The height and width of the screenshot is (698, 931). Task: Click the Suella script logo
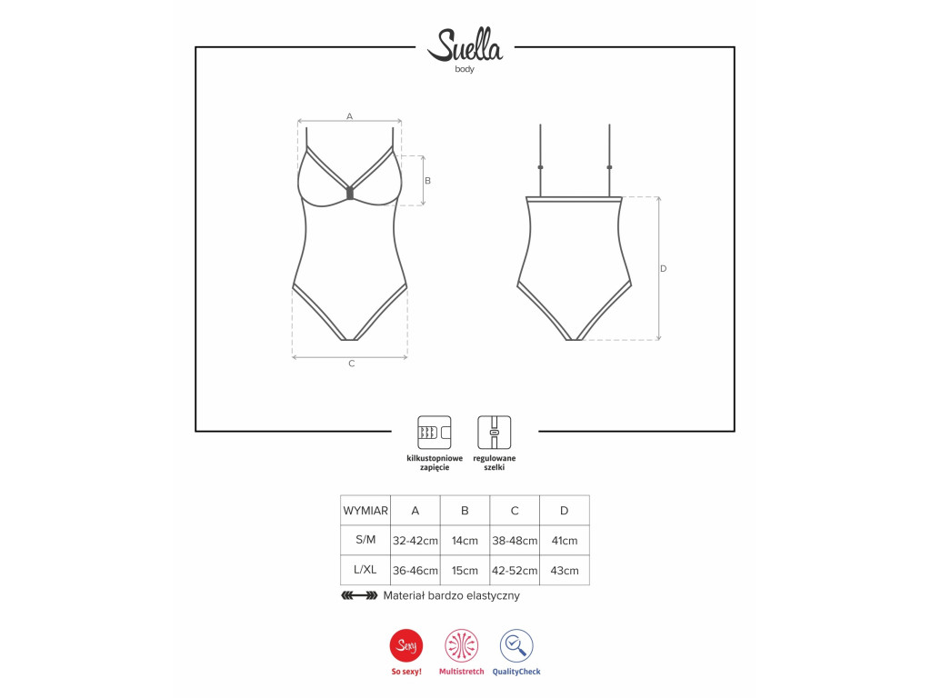(465, 45)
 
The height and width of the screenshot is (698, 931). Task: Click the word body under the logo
(465, 69)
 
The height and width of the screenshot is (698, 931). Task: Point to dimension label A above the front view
(350, 116)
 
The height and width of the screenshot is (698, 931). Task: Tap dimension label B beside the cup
(427, 181)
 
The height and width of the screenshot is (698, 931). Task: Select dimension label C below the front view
(352, 364)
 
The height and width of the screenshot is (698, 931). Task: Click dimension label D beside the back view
(663, 268)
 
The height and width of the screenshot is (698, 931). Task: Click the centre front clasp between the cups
(350, 194)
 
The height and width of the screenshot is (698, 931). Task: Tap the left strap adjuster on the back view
(540, 167)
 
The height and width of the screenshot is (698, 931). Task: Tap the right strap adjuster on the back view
(609, 167)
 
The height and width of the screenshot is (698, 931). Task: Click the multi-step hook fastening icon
(435, 432)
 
